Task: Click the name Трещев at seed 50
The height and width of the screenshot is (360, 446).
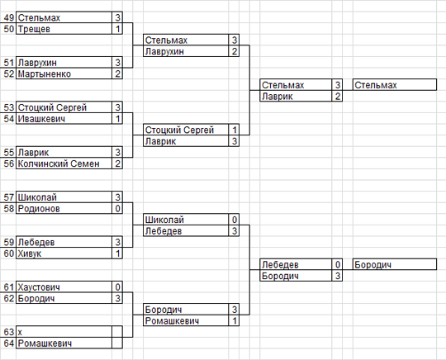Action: [x=34, y=29]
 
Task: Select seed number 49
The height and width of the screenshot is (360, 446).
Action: [x=9, y=17]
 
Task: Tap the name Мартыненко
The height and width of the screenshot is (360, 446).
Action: [x=45, y=74]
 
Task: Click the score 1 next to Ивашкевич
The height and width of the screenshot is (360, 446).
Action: [x=118, y=119]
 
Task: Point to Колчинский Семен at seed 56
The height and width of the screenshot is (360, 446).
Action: [x=59, y=163]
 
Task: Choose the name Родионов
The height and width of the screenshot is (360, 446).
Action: [x=39, y=209]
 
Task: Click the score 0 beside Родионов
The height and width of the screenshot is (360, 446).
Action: [x=118, y=209]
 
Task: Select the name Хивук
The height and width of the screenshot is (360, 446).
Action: [x=30, y=253]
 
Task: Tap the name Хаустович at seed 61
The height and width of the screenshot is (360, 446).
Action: [x=39, y=287]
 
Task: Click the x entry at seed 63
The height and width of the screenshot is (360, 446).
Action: [x=20, y=332]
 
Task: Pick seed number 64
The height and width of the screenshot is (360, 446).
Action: [x=9, y=343]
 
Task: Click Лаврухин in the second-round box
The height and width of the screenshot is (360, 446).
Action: [x=164, y=51]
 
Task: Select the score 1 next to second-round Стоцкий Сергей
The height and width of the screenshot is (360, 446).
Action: [x=235, y=130]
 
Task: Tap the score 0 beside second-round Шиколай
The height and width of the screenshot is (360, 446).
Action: [x=235, y=220]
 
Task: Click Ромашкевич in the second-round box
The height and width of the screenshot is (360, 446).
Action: [x=172, y=321]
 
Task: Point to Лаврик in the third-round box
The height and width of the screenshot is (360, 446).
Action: [x=277, y=97]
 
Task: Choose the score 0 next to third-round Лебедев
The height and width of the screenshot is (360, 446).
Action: [x=338, y=265]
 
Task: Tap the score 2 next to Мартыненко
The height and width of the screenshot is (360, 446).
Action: [x=118, y=74]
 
